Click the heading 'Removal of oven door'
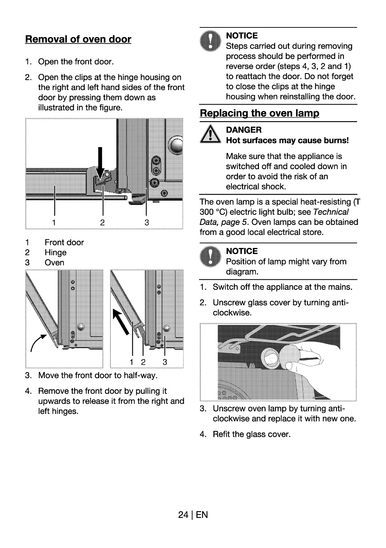pos(78,39)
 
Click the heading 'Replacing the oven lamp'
pos(259,113)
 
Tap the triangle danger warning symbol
pos(210,134)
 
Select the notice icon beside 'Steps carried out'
pos(210,42)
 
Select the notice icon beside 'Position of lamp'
pos(210,257)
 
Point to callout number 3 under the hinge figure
pos(147,223)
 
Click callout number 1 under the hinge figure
pos(54,223)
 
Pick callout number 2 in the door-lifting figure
pos(143,362)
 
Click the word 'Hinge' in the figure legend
pos(55,252)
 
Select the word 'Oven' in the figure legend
pos(54,262)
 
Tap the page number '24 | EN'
pos(193,514)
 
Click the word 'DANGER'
pos(244,130)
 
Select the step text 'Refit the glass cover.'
pos(251,434)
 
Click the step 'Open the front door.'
pos(76,61)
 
